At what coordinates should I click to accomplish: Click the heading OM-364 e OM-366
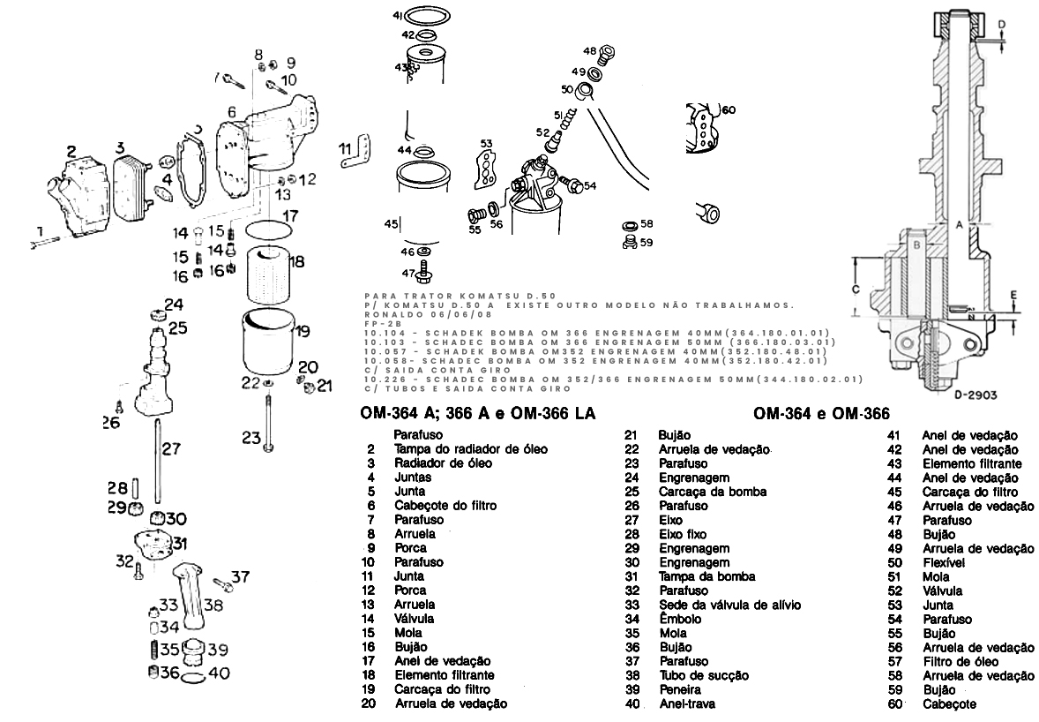(820, 413)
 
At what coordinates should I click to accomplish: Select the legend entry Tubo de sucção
(704, 675)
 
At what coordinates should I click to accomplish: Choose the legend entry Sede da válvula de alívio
(729, 605)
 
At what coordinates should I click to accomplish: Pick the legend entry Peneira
(679, 689)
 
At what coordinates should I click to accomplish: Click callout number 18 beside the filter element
(296, 262)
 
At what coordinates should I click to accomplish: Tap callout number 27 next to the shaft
(171, 449)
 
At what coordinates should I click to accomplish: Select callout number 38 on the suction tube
(213, 605)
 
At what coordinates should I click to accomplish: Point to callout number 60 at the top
(728, 110)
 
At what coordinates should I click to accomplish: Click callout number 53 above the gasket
(487, 143)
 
